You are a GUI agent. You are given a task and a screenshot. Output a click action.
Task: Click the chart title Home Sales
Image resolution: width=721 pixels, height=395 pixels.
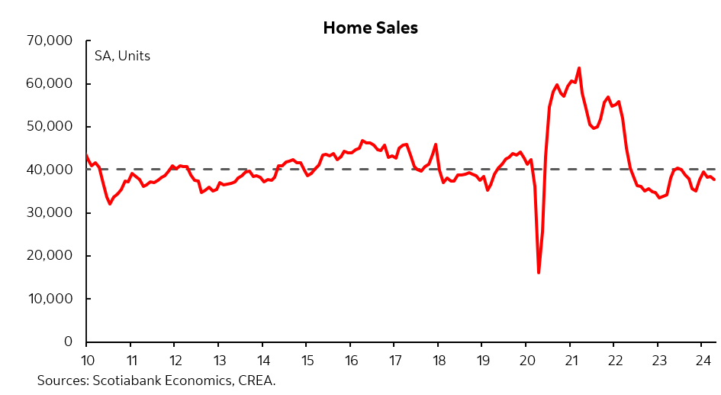coord(370,28)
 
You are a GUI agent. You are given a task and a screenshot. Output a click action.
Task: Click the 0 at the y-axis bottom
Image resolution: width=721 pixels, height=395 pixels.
coord(67,342)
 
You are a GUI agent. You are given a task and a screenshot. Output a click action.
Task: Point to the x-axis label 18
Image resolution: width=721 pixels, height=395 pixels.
coord(438,360)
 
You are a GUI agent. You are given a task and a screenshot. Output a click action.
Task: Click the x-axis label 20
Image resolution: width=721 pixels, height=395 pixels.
coord(526,360)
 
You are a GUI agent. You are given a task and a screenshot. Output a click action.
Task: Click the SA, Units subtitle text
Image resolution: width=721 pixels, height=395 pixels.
coord(122,56)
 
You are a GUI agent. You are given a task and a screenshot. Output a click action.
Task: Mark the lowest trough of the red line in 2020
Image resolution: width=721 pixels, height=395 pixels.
coord(539,273)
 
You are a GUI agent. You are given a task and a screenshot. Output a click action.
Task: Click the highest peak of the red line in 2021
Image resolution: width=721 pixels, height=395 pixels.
coord(579,68)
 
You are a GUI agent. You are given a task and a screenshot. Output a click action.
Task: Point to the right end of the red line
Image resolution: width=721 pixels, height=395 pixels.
coord(714,180)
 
